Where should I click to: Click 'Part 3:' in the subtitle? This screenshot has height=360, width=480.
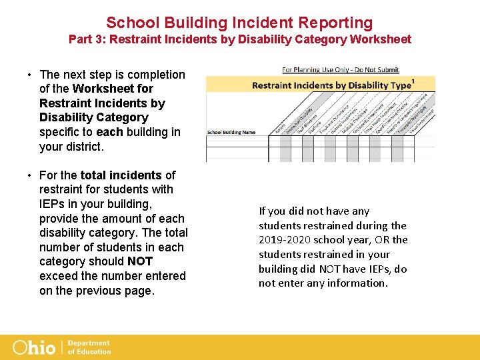87,39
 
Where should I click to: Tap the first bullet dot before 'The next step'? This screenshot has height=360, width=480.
30,75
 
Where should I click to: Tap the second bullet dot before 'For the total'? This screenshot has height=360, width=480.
30,175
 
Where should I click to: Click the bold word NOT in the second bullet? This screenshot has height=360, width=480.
140,262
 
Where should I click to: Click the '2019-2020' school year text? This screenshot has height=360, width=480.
283,240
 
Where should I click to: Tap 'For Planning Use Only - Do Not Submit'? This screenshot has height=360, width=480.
340,69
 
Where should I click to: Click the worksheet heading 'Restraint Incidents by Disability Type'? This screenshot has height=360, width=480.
331,85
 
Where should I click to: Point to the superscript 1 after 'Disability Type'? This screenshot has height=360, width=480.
414,81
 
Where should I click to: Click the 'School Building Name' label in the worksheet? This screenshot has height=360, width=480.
231,132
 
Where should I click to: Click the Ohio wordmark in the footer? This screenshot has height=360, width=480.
35,347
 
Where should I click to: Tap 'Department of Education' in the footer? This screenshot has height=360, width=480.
89,347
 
